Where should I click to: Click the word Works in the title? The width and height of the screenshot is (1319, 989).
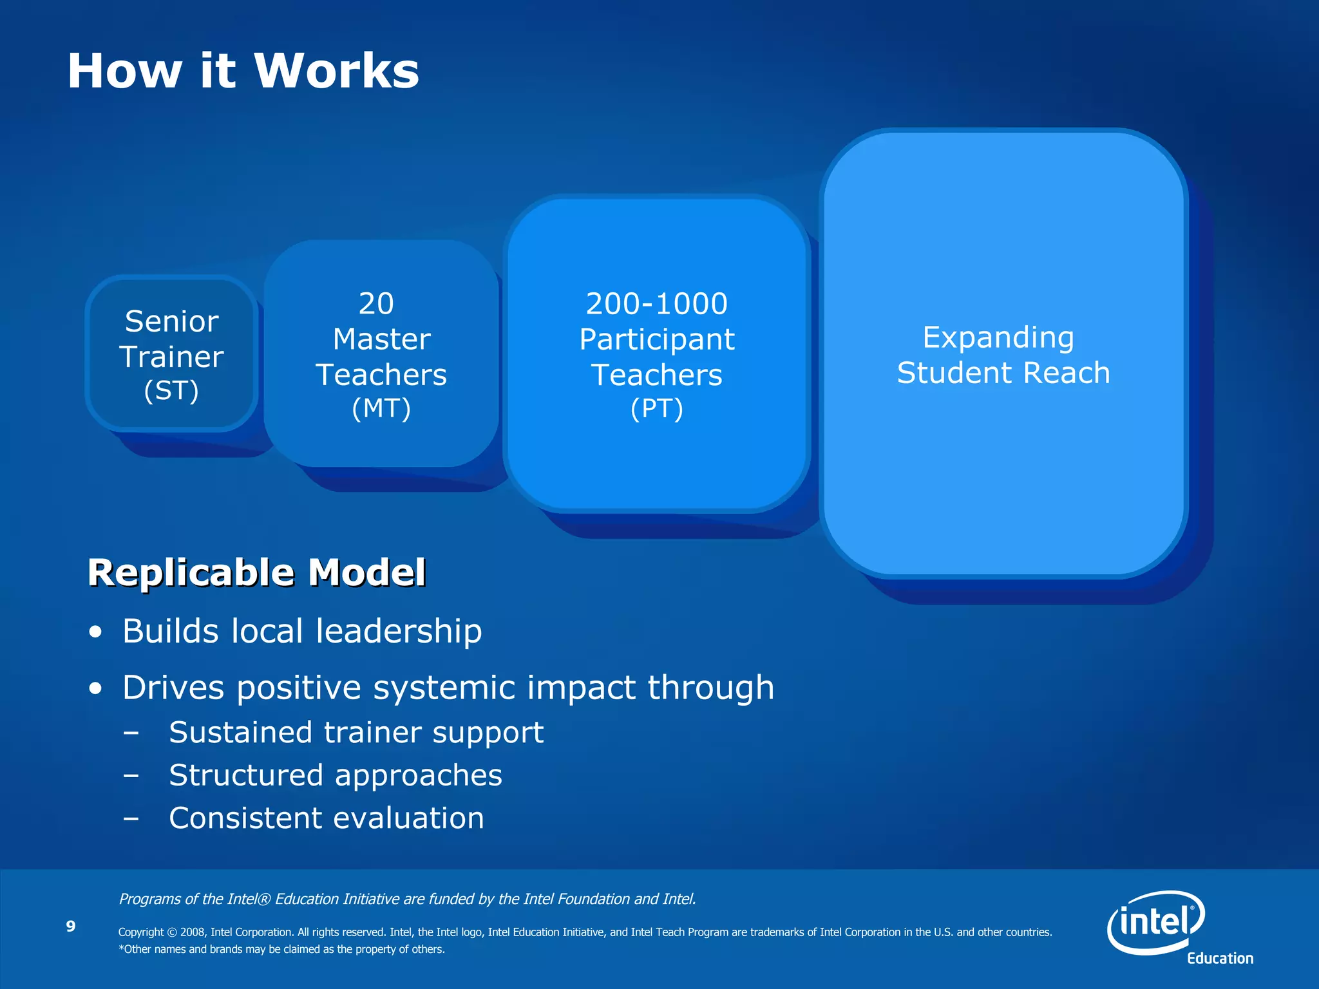(x=336, y=71)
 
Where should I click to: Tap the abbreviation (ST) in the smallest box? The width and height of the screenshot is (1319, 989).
(x=171, y=391)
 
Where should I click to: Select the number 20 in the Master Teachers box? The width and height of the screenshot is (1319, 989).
(x=376, y=303)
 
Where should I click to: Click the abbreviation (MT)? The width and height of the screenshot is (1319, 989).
(x=381, y=409)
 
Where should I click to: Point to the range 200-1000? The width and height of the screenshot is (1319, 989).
(x=656, y=303)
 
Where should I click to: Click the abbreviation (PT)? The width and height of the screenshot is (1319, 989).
(x=656, y=409)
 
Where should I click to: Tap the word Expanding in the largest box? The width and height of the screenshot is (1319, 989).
(x=998, y=337)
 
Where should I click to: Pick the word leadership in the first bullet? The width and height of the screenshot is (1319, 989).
(x=399, y=631)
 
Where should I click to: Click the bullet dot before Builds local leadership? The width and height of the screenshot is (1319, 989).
(x=96, y=632)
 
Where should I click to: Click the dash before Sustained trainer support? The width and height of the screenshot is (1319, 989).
(x=131, y=733)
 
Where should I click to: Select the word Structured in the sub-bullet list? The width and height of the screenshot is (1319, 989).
(x=245, y=775)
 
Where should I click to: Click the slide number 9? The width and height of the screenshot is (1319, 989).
(x=71, y=926)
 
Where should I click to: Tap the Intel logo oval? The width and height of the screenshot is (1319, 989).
(x=1155, y=922)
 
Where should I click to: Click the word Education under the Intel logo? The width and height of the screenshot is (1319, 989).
(x=1220, y=958)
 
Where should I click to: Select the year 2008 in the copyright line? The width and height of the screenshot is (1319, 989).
(x=193, y=932)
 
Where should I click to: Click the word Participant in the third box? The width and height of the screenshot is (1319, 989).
(x=656, y=339)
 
